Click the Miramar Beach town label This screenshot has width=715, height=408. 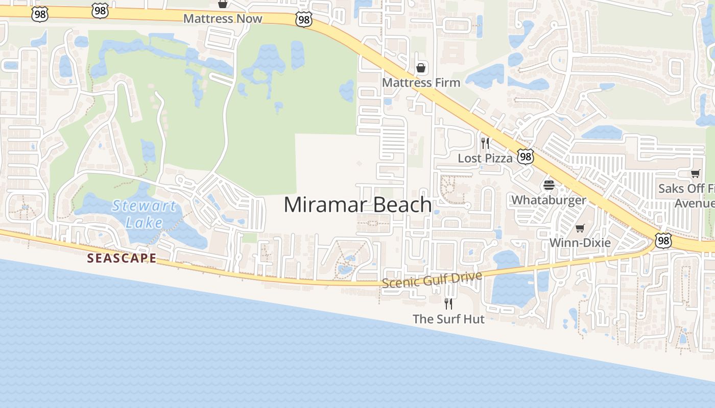click(357, 205)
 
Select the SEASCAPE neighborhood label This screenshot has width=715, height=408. click(122, 258)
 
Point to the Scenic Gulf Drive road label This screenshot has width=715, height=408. click(432, 279)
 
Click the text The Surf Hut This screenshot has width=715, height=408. click(448, 319)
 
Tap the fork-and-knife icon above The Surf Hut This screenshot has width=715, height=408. click(448, 304)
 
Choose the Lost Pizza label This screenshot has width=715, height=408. click(485, 159)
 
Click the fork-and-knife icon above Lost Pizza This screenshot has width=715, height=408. click(485, 143)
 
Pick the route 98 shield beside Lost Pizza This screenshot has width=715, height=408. click(525, 157)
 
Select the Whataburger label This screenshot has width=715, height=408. click(549, 200)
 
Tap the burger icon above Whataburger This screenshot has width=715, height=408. click(549, 185)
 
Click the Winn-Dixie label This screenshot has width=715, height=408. click(580, 243)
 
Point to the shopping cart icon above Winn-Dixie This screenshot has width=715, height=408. click(580, 228)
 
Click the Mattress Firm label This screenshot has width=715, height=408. click(421, 83)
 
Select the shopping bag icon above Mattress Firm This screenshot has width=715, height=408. click(421, 68)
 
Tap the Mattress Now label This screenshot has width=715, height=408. click(223, 19)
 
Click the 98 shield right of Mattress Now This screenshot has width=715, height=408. click(303, 20)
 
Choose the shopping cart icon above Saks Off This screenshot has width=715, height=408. click(695, 174)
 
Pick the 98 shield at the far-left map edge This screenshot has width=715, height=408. click(39, 14)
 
